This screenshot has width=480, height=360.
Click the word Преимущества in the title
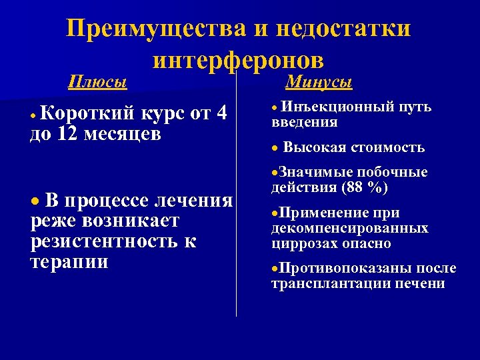pos(147,29)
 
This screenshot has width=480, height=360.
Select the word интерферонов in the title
pos(238,60)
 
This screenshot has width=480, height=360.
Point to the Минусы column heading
pos(319,82)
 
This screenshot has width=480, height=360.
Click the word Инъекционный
pos(329,107)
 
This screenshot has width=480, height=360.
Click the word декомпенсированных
pos(349,229)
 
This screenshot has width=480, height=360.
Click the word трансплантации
pos(325,284)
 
